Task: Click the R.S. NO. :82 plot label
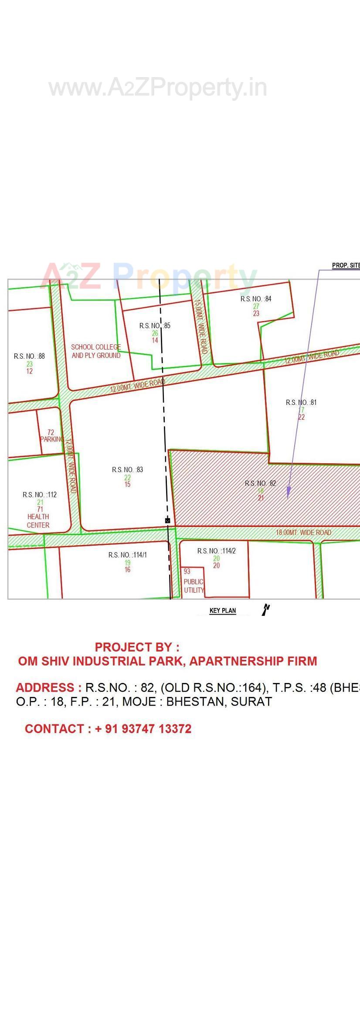260,483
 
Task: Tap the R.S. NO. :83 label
127,469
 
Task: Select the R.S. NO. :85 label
155,326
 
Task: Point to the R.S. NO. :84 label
256,299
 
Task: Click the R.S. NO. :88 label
29,356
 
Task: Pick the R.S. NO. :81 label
301,402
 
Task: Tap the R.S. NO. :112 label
40,495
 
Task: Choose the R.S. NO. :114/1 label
128,555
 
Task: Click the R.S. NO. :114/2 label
217,551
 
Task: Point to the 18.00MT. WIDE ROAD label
303,533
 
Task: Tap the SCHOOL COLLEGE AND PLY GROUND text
96,351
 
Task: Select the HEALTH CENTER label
38,521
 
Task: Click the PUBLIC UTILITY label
194,586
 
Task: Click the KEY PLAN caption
223,610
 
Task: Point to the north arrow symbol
265,609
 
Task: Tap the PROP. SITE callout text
346,265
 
